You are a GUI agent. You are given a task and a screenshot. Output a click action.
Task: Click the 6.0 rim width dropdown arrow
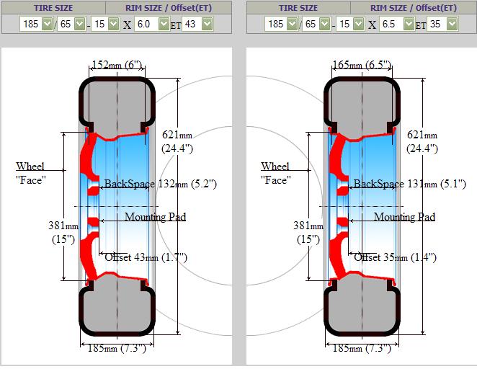point(164,24)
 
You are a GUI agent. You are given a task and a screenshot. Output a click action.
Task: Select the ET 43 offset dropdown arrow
point(208,24)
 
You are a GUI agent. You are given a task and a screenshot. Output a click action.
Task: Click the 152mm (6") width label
point(117,64)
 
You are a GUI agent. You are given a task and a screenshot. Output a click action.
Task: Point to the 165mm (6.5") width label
point(362,64)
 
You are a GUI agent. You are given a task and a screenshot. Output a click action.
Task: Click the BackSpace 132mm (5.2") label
point(160,184)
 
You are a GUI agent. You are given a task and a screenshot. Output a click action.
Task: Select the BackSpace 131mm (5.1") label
point(409,184)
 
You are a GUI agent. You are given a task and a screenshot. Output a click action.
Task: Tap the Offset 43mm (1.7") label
point(146,257)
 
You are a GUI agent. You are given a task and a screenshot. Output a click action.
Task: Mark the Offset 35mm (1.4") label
point(395,257)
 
